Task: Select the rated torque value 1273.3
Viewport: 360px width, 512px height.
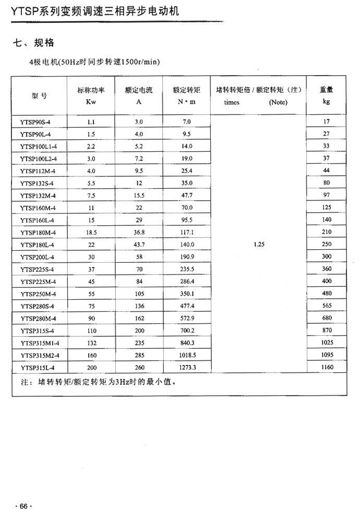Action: pos(187,368)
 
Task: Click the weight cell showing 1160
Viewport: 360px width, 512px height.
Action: pos(327,368)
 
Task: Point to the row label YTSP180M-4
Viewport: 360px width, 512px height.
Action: pos(38,233)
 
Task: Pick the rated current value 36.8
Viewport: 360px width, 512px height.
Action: pos(139,232)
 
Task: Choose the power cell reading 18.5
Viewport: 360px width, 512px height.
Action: pos(91,232)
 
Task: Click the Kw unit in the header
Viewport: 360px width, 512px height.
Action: pos(91,102)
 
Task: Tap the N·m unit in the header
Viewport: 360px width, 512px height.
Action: pos(187,102)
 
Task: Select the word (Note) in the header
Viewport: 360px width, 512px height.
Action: pos(278,102)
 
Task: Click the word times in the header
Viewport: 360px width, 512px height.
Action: pos(232,102)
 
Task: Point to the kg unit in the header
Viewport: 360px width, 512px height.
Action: pos(327,102)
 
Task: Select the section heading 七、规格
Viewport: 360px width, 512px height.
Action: pos(33,42)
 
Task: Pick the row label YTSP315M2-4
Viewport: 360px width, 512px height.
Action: pos(40,355)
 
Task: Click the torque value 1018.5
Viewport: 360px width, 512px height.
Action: pos(187,355)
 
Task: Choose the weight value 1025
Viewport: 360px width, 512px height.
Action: pos(327,343)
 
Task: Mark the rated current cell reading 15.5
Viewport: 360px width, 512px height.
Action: pos(139,196)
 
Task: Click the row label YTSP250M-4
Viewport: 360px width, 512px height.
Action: pos(38,294)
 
